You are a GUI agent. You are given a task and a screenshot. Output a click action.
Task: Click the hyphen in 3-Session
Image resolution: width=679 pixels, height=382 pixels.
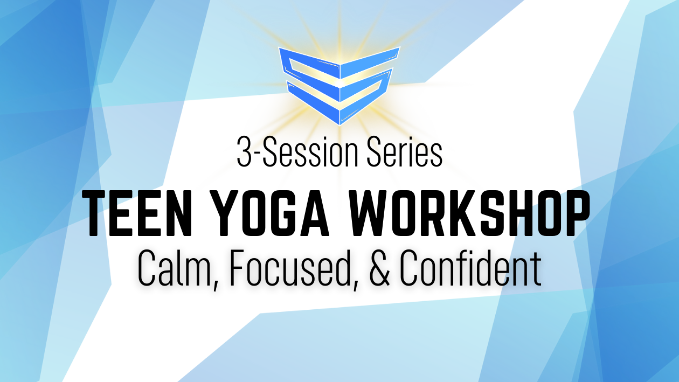[258, 155]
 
